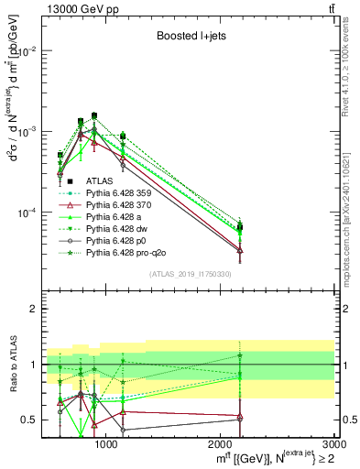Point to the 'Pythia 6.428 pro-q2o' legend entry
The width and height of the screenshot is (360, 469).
pos(129,253)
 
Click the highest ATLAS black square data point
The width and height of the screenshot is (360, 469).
pos(94,115)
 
